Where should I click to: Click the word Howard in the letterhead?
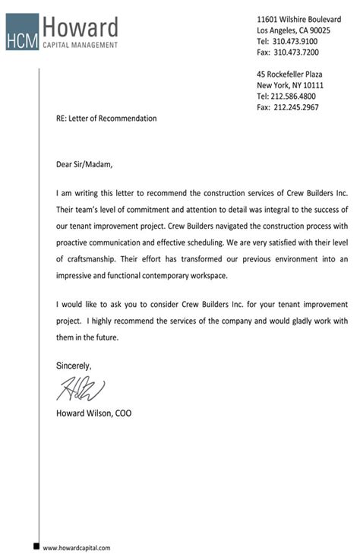pyautogui.click(x=81, y=29)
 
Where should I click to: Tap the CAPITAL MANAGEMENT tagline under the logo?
pyautogui.click(x=81, y=46)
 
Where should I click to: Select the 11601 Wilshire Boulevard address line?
pyautogui.click(x=298, y=19)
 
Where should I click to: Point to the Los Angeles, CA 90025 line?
pyautogui.click(x=293, y=30)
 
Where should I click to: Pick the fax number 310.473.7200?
pyautogui.click(x=295, y=52)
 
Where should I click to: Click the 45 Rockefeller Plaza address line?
pyautogui.click(x=289, y=74)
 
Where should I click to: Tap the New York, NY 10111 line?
pyautogui.click(x=290, y=86)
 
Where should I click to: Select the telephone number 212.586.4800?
pyautogui.click(x=295, y=97)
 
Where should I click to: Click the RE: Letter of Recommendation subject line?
pyautogui.click(x=106, y=119)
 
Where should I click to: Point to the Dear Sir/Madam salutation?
pyautogui.click(x=89, y=163)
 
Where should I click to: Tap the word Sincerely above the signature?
pyautogui.click(x=74, y=366)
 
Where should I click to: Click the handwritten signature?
pyautogui.click(x=80, y=389)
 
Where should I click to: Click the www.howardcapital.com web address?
pyautogui.click(x=77, y=547)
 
